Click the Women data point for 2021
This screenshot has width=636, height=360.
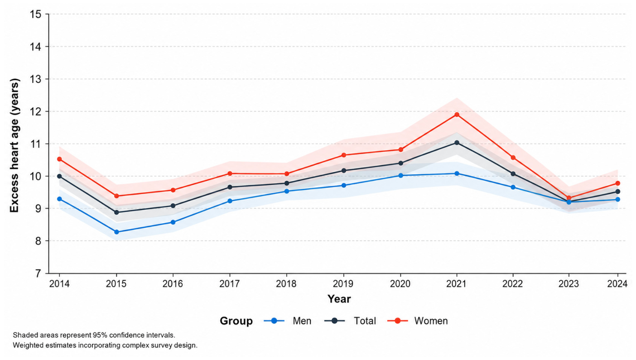(457, 115)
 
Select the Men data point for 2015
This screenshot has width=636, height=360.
(116, 232)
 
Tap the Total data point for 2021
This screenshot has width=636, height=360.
(457, 143)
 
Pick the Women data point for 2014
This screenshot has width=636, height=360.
(59, 159)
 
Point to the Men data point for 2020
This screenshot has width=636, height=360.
(400, 175)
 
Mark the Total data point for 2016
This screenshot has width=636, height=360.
(173, 206)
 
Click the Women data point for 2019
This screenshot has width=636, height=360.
(343, 155)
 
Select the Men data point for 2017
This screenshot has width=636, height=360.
(230, 201)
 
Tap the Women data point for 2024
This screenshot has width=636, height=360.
(617, 183)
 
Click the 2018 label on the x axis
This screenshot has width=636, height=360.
(286, 283)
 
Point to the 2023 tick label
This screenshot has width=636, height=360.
(569, 283)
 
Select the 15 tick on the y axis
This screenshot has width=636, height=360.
(35, 14)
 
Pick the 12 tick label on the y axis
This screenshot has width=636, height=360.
(35, 111)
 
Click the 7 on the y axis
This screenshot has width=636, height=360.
(38, 274)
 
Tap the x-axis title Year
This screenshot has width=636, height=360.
(339, 299)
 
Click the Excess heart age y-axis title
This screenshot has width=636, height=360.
(14, 145)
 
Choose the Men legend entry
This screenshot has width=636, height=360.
(287, 321)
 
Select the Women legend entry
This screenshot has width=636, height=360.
(417, 321)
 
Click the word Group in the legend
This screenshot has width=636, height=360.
(236, 321)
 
